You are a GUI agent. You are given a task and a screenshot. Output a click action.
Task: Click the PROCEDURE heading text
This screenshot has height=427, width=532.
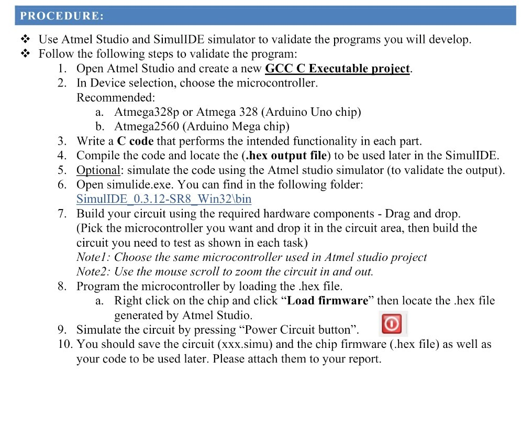[62, 16]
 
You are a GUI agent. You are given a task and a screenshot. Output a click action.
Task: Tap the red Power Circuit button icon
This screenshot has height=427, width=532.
[392, 324]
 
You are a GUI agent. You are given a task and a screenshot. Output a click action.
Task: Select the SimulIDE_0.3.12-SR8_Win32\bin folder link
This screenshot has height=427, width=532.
[164, 199]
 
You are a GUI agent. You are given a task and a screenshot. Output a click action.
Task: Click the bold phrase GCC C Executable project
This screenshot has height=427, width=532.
[338, 69]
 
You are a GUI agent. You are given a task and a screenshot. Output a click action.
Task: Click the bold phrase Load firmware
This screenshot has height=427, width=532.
[328, 301]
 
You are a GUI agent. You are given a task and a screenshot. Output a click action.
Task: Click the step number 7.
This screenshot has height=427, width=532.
[62, 214]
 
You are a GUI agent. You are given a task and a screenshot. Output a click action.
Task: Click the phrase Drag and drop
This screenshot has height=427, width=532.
[422, 214]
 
